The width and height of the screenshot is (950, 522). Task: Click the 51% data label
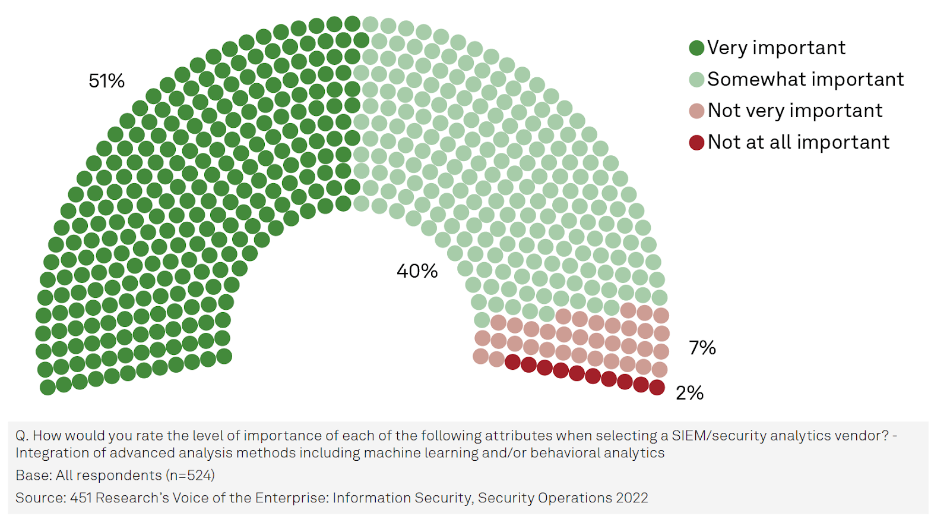pos(106,81)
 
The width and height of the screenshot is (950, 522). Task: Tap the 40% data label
pos(417,271)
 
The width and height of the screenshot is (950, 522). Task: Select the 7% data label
pos(702,348)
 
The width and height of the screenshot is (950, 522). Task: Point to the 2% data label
pos(689,393)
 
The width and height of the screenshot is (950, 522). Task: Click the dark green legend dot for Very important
pos(696,48)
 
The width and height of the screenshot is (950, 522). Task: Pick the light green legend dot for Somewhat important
pos(696,80)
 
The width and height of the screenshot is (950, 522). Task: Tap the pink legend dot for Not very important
pos(696,111)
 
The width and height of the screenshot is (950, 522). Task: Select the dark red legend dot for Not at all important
pos(696,143)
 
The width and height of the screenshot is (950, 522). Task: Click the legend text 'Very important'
pos(776,48)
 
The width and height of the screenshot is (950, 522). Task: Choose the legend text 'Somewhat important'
pos(805,79)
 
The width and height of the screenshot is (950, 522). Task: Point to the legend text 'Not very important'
pos(794,111)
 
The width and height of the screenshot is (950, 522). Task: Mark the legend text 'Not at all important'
pos(798,142)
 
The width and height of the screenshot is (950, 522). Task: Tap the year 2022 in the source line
pos(632,498)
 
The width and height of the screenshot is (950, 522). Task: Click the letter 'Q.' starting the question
pos(22,436)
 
